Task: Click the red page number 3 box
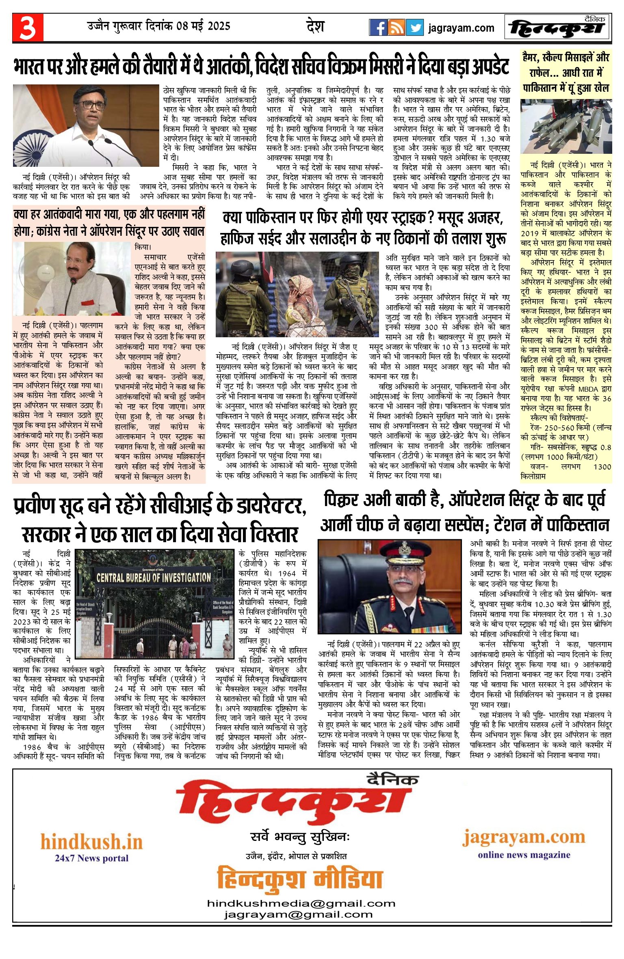coord(28,28)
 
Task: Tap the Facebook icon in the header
coord(378,28)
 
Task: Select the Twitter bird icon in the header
coord(414,28)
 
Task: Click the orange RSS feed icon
coord(396,28)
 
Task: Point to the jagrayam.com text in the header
coord(461,28)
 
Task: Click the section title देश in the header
coord(315,26)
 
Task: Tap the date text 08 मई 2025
coord(203,26)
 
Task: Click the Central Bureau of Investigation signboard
coord(154,578)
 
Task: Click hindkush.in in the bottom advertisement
coord(91,841)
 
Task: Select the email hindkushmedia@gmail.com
coord(301,903)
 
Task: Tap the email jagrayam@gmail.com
coord(298,915)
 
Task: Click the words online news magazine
coord(524,855)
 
